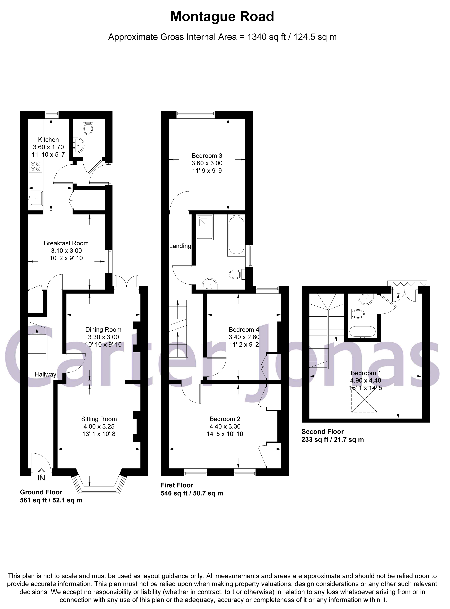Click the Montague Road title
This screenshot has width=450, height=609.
(x=222, y=17)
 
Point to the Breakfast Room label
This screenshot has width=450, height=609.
(x=66, y=243)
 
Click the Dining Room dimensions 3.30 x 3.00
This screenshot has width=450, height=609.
(x=103, y=337)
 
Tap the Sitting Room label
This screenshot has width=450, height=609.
(x=99, y=419)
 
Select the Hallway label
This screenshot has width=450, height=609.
(x=45, y=374)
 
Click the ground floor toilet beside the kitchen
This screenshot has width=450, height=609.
(x=88, y=128)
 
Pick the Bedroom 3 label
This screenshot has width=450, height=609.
(x=207, y=156)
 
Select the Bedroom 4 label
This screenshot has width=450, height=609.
(x=244, y=330)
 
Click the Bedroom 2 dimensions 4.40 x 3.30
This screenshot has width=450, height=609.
(x=225, y=426)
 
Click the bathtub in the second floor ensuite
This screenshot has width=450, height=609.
(x=362, y=332)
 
